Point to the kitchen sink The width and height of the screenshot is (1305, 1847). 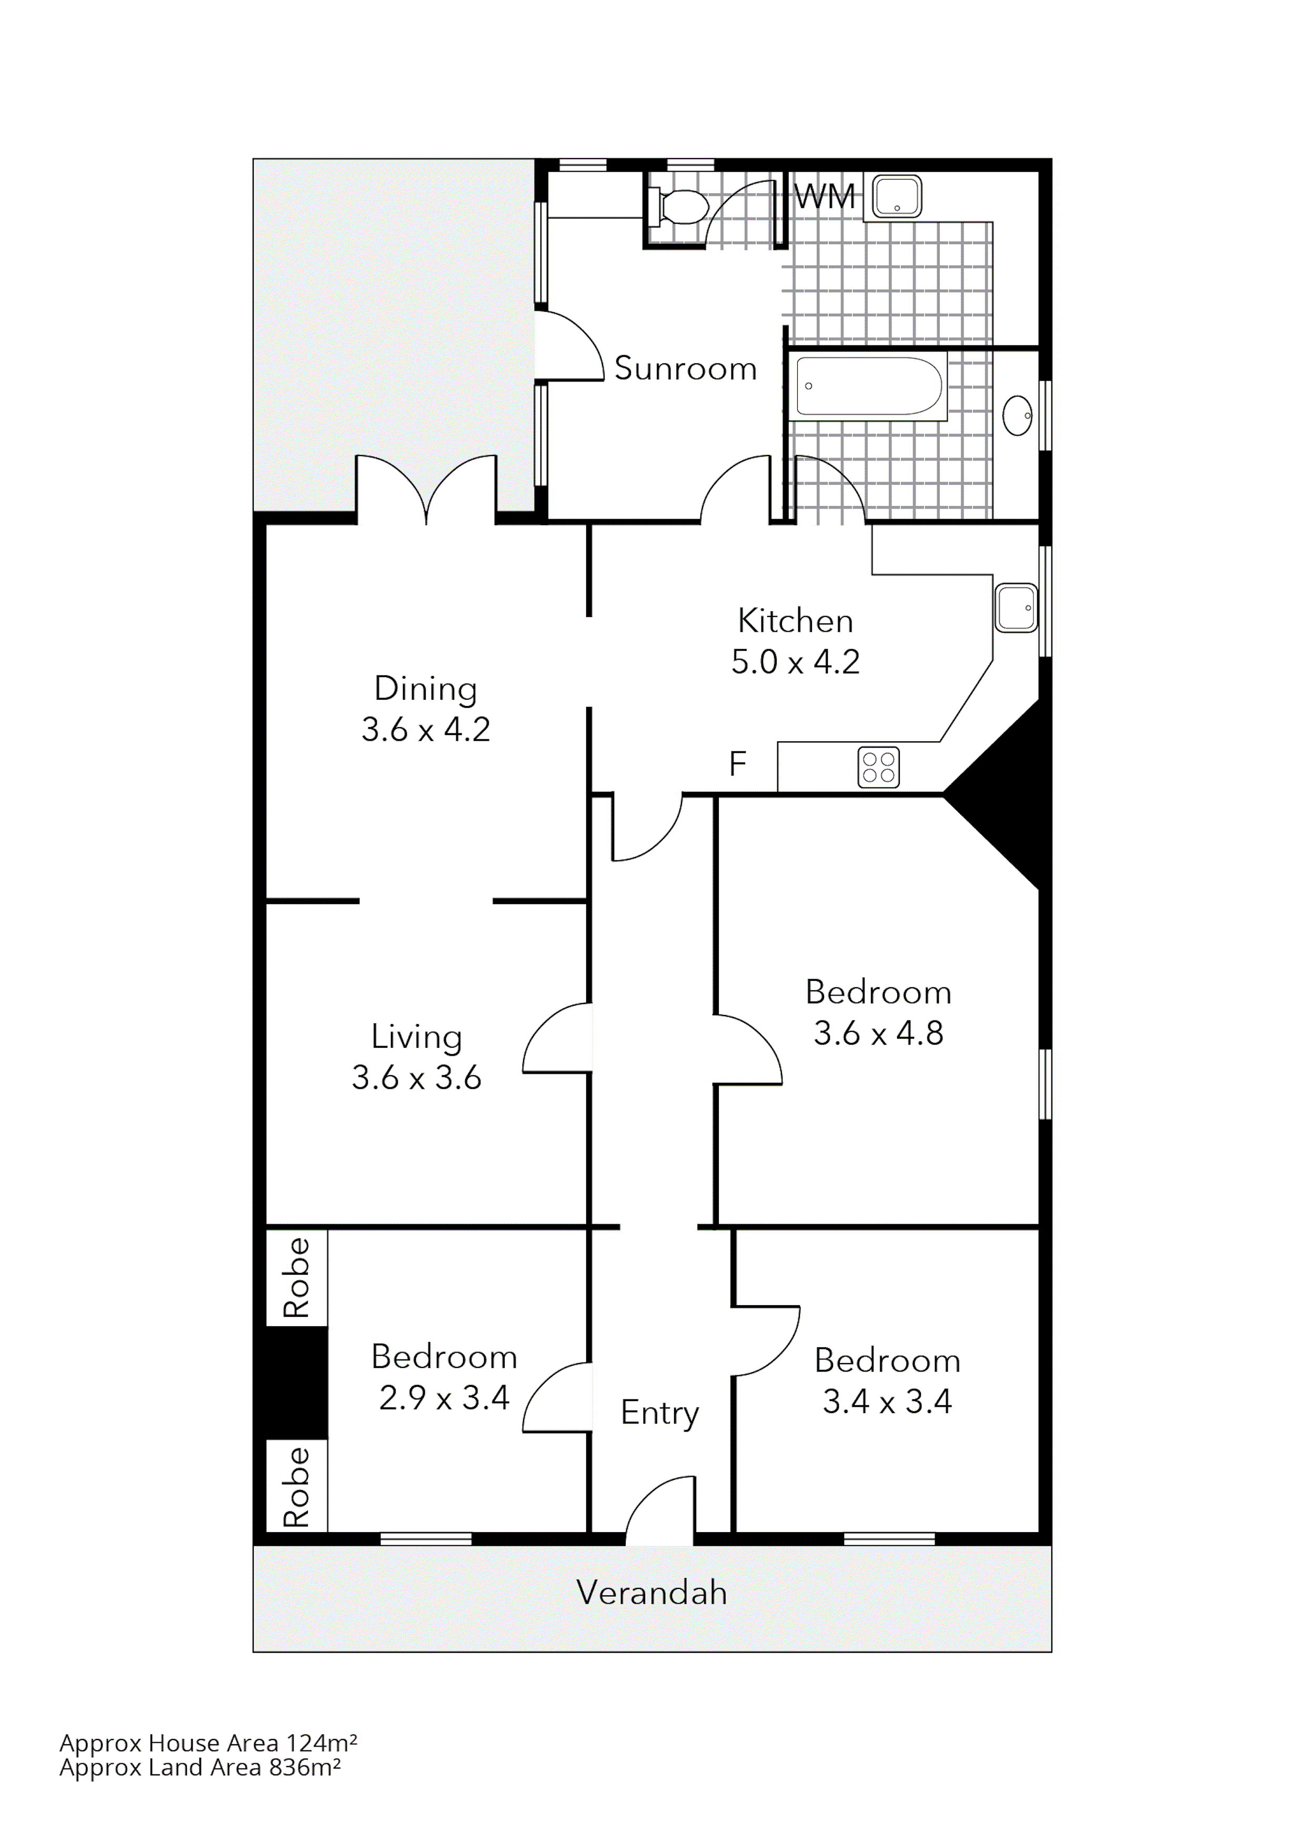(x=1016, y=608)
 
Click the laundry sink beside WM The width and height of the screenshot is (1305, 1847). (x=897, y=197)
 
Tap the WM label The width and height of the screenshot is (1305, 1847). (x=824, y=197)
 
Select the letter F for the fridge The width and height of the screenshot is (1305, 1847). (x=737, y=763)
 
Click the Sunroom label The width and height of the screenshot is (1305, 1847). (x=685, y=369)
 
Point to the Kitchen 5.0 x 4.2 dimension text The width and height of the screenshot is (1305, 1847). (x=795, y=662)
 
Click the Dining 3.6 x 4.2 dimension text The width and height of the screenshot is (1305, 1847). (x=425, y=730)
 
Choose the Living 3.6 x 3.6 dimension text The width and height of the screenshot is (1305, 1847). (x=417, y=1078)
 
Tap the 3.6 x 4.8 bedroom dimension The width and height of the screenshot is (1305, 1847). (x=878, y=1034)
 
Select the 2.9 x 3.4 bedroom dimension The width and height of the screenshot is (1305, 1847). (x=444, y=1398)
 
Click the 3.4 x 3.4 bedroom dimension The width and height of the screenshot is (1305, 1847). (x=887, y=1402)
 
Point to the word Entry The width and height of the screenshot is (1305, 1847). (x=659, y=1413)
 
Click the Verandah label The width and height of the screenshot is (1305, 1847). (x=651, y=1593)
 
